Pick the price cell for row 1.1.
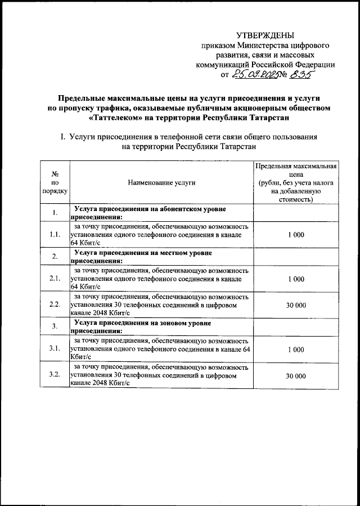[x=295, y=235]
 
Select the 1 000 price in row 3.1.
[x=295, y=349]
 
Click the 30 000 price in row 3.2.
[x=295, y=375]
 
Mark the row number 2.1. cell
[x=55, y=279]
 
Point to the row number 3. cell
[x=55, y=326]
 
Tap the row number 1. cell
[x=55, y=213]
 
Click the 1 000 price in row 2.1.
[x=295, y=279]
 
